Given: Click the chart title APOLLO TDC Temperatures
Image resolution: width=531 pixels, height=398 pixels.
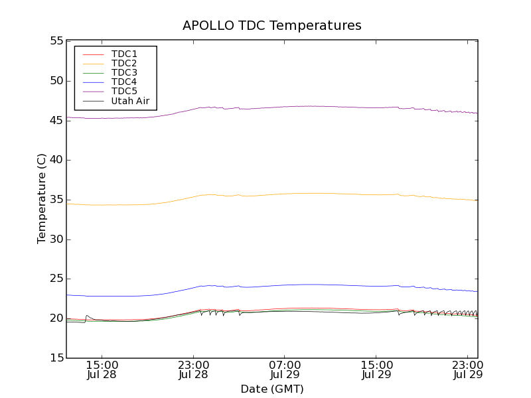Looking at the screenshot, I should [x=272, y=26].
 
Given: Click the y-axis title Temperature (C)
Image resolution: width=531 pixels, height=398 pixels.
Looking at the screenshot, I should [x=42, y=199].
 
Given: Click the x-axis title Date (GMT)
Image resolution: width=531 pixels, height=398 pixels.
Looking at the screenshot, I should [x=272, y=389].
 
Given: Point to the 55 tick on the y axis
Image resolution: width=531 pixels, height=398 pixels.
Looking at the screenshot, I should [x=55, y=41].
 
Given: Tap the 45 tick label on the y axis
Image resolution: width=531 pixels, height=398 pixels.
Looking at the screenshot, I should [x=55, y=120].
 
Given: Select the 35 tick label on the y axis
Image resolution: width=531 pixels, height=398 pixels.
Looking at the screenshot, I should [x=55, y=200].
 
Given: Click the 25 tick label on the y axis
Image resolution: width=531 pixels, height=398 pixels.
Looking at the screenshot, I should [x=55, y=279].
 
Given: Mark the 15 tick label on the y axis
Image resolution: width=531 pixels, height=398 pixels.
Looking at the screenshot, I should [x=55, y=358].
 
